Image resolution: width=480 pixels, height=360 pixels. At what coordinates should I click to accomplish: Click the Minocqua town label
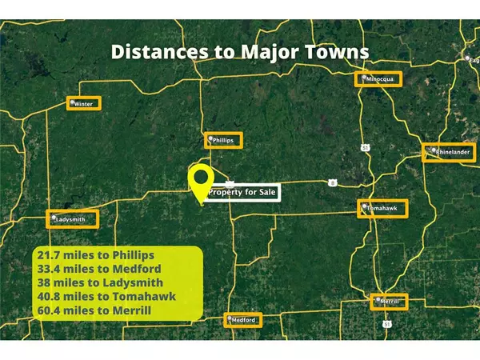[378, 79]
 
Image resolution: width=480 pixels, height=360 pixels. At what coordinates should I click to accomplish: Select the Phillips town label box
[223, 140]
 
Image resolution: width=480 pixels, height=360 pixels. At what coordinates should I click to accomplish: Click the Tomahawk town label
[382, 208]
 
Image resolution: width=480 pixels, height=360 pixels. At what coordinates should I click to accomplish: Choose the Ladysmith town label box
[72, 218]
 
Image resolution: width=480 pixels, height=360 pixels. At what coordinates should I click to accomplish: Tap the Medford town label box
[243, 320]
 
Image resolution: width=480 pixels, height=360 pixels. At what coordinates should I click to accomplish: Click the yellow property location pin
[199, 183]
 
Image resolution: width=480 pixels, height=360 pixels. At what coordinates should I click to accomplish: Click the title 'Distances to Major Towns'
[240, 53]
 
